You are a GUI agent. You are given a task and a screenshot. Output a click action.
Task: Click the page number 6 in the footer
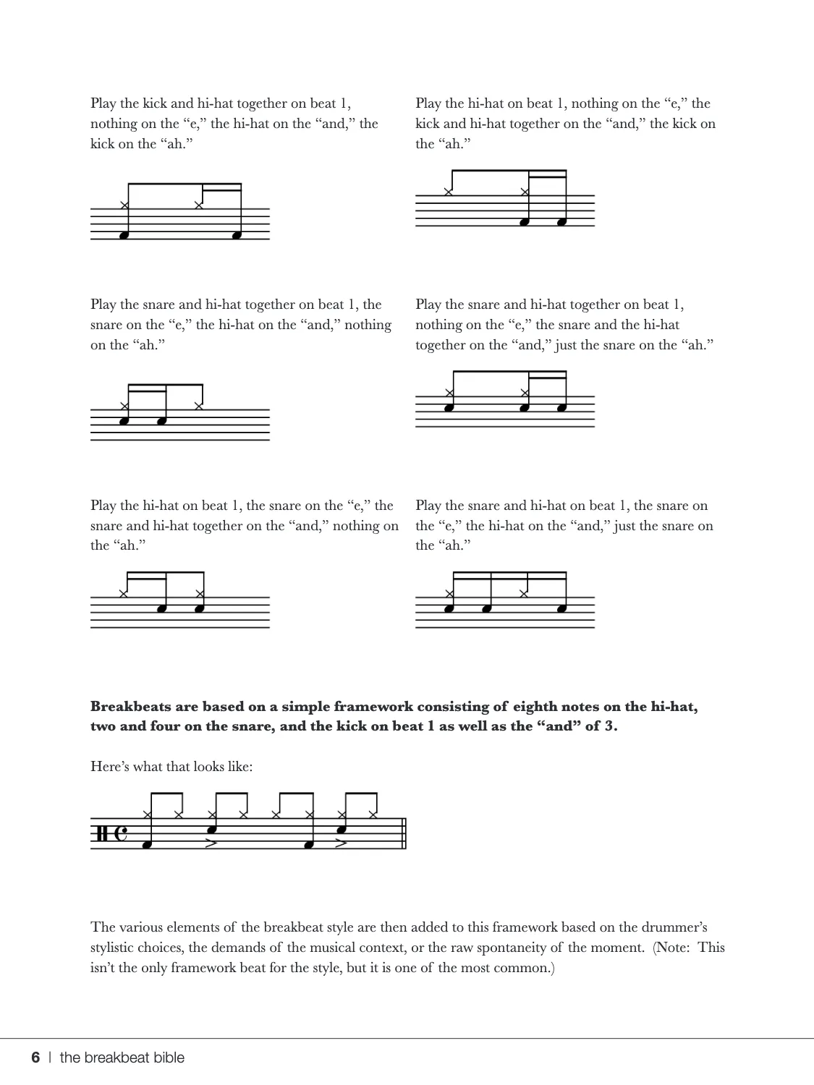tap(35, 1058)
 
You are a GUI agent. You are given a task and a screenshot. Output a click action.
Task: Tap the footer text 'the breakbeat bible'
tap(122, 1058)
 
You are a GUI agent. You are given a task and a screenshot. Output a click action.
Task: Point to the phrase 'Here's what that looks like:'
tap(171, 766)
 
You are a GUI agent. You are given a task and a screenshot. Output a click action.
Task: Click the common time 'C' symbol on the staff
tap(121, 834)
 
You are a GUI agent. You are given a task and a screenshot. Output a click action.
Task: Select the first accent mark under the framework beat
tap(211, 843)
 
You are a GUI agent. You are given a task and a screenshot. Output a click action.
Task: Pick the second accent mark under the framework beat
tap(342, 843)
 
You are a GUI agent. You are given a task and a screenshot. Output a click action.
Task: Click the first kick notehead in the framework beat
tap(147, 844)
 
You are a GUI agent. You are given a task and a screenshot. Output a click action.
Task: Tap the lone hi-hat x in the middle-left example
tap(199, 406)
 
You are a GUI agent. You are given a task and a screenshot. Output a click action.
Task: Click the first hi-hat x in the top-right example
tap(449, 192)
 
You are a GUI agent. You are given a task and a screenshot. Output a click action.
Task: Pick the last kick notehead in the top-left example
tap(237, 235)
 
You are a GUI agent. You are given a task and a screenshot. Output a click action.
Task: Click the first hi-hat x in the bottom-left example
tap(124, 594)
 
